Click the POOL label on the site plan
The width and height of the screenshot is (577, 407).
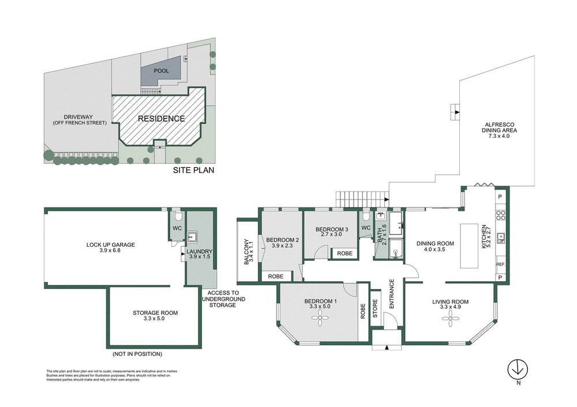tap(161, 70)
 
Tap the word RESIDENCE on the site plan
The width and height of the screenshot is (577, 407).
tap(161, 119)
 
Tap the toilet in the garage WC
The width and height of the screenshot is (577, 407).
tap(178, 216)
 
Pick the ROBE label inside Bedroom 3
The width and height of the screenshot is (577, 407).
tap(344, 253)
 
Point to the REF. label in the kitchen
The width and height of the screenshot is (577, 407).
tap(500, 264)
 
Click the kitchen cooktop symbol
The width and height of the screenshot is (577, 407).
tap(501, 215)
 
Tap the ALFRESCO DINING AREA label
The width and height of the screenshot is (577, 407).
tap(499, 131)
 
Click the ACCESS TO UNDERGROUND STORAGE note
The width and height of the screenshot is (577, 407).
tap(224, 299)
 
